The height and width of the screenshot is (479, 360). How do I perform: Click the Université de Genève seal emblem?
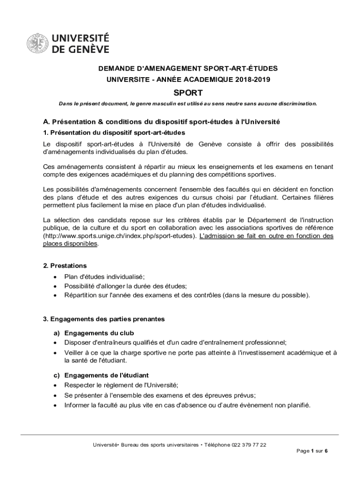pos(37,43)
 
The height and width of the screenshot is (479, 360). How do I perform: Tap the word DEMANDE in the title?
pos(116,69)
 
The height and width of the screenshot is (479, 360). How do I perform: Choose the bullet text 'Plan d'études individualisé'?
pos(104,277)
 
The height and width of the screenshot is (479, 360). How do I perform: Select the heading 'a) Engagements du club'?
pos(94,333)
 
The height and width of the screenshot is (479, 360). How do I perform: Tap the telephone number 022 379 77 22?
pos(249,445)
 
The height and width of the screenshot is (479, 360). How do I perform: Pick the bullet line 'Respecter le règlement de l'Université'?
pos(121,385)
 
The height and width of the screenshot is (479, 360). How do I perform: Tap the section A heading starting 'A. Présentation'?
pos(161,122)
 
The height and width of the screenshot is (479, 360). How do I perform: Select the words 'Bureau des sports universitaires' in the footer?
pos(159,445)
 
